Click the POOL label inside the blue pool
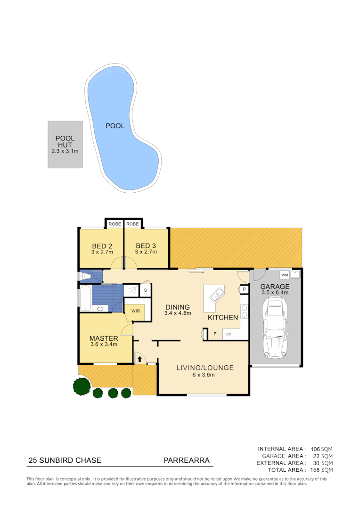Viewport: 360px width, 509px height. click(x=115, y=126)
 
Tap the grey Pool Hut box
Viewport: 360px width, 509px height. click(x=65, y=145)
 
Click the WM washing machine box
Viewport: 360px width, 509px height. click(x=284, y=274)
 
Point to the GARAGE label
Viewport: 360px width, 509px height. click(x=276, y=286)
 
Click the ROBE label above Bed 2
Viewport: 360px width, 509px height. click(x=115, y=224)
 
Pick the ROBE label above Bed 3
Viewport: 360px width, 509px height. click(x=133, y=224)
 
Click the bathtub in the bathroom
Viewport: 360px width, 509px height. click(x=86, y=298)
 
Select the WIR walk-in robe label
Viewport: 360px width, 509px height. click(x=136, y=311)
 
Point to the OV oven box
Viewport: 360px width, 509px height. click(x=228, y=334)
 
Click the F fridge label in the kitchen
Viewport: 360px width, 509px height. click(x=215, y=334)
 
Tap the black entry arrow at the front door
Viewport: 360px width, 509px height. click(x=139, y=360)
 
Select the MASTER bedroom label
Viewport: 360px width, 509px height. click(x=104, y=338)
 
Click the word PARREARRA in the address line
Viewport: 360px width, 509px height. click(x=186, y=460)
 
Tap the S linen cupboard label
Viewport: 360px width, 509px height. click(x=145, y=290)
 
